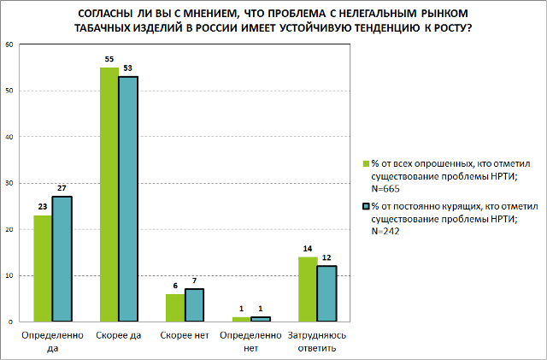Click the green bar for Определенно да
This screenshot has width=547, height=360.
[x=43, y=269]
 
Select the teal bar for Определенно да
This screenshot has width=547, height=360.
[x=62, y=259]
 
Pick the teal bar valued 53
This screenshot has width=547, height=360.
[x=128, y=199]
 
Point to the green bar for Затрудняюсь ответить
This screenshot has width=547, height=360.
[x=308, y=289]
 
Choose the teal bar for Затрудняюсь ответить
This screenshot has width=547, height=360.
[x=326, y=293]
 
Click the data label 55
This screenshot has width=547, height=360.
[x=109, y=61]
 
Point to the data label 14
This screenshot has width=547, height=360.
[x=308, y=250]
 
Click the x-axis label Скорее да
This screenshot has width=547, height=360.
[x=119, y=335]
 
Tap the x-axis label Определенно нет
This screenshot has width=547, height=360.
[x=251, y=341]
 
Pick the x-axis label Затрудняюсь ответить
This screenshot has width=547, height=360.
[x=317, y=341]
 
